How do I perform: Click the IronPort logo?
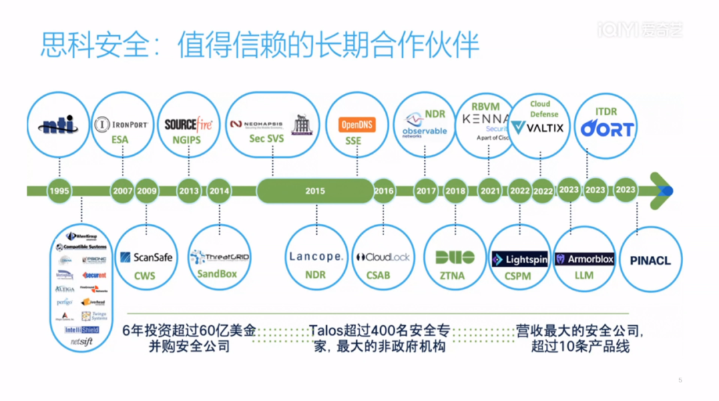[x=121, y=125]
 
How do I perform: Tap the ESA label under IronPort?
[x=120, y=140]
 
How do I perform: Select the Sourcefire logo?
[x=188, y=124]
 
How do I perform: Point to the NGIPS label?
[x=187, y=140]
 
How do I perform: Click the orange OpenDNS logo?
[x=358, y=125]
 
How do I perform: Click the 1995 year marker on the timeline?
[x=59, y=191]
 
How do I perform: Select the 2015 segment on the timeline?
[x=315, y=191]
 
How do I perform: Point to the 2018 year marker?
[x=455, y=191]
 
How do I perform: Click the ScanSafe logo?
[x=146, y=257]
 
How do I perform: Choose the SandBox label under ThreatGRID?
[x=217, y=274]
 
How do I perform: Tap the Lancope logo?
[x=316, y=256]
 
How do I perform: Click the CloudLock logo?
[x=383, y=257]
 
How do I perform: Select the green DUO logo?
[x=455, y=257]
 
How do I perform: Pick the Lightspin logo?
[x=519, y=259]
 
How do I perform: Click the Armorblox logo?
[x=585, y=259]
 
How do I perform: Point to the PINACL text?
[x=650, y=260]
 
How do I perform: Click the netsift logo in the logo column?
[x=81, y=342]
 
